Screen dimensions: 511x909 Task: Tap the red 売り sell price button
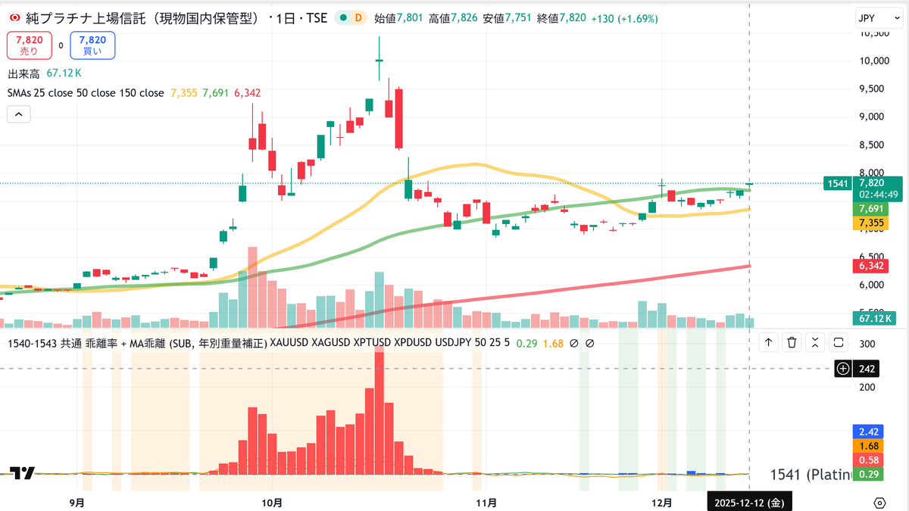pos(30,45)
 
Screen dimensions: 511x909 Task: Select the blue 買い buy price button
pos(92,45)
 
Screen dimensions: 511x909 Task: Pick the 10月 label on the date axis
pos(271,502)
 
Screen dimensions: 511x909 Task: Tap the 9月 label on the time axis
pos(76,502)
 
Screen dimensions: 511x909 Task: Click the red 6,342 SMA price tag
pos(869,265)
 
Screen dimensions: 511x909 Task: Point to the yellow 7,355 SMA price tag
pos(869,223)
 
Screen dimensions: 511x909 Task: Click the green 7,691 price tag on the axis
pos(869,208)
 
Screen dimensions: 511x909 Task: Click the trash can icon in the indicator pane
pos(792,343)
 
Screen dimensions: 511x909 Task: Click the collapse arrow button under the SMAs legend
pos(19,114)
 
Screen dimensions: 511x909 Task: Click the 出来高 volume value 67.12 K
pos(64,73)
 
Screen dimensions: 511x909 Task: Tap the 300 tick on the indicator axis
pos(867,344)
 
